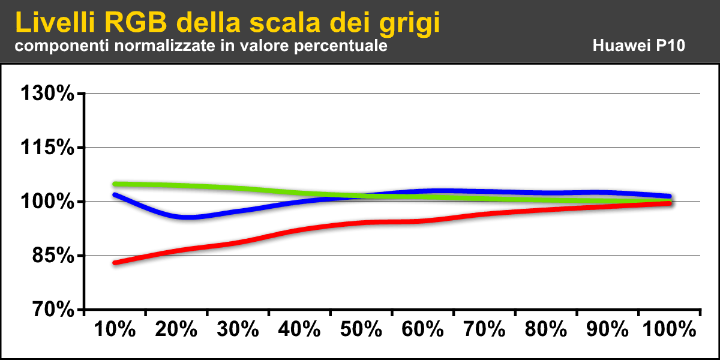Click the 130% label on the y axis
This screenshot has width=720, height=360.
47,94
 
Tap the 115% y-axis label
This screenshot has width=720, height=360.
47,148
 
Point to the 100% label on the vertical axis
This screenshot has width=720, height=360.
47,202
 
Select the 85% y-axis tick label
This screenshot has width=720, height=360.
50,256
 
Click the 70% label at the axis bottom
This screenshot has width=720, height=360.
50,310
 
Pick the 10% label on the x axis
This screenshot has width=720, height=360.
115,329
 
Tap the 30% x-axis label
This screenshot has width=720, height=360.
238,329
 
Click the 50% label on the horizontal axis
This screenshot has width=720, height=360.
361,329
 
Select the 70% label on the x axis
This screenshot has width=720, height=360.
484,329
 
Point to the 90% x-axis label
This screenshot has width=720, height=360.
607,329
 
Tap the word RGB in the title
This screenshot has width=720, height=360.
136,23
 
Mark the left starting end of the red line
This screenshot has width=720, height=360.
115,263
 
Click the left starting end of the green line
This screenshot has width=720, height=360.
115,184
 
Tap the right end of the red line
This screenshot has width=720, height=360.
668,203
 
